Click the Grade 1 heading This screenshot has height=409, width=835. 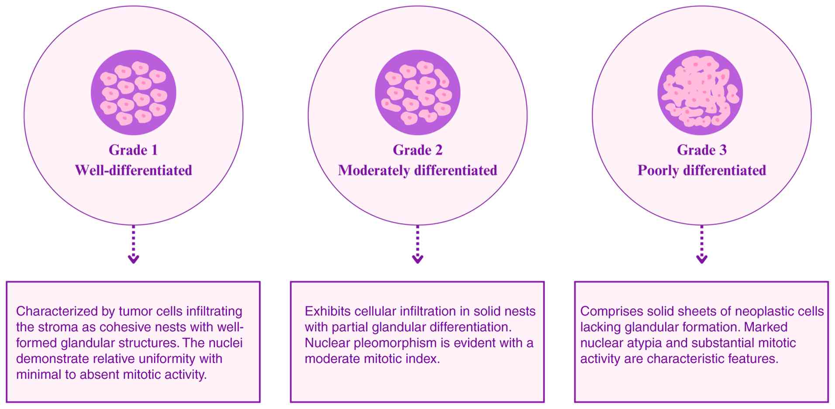[x=133, y=150]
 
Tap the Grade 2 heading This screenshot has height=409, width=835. [x=417, y=150]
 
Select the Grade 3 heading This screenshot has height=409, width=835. [x=701, y=150]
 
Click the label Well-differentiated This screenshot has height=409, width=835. [x=133, y=170]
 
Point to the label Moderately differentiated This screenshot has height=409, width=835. [x=417, y=170]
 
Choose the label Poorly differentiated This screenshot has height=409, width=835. [x=701, y=170]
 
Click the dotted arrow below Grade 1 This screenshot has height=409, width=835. [x=134, y=244]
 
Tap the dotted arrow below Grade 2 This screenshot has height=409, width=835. [x=418, y=244]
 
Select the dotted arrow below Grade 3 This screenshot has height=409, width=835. [x=701, y=244]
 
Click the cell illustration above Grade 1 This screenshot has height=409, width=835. [x=133, y=93]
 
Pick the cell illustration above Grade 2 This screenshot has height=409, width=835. [x=417, y=93]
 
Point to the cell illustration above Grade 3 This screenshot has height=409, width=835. [x=700, y=93]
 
